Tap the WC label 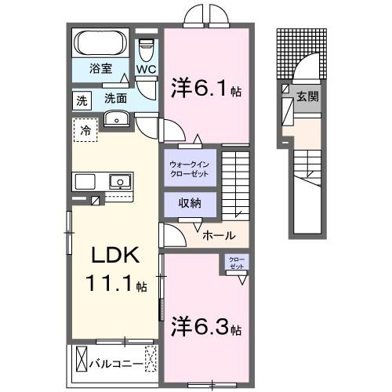[147, 69]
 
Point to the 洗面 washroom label [115, 99]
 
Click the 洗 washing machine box [82, 100]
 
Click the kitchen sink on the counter [119, 181]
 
